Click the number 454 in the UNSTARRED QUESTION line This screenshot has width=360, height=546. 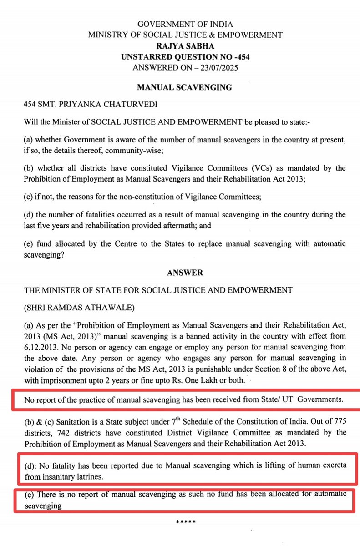pos(242,57)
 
